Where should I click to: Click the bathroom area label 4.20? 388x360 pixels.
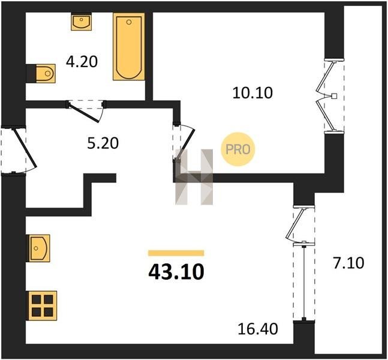pyautogui.click(x=82, y=62)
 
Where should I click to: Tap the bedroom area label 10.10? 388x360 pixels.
pyautogui.click(x=252, y=93)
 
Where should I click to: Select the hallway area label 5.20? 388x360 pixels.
pyautogui.click(x=103, y=143)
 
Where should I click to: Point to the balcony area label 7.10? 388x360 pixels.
pyautogui.click(x=348, y=263)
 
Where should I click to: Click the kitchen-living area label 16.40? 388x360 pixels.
pyautogui.click(x=258, y=329)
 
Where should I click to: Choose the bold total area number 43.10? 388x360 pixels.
pyautogui.click(x=176, y=272)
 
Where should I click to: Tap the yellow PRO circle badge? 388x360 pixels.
pyautogui.click(x=238, y=149)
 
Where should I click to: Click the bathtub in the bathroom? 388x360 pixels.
pyautogui.click(x=129, y=46)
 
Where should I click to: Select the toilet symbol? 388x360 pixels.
pyautogui.click(x=46, y=74)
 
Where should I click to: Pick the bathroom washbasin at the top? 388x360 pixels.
pyautogui.click(x=82, y=22)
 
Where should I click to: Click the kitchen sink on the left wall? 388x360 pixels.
pyautogui.click(x=38, y=248)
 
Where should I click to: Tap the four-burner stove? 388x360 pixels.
pyautogui.click(x=42, y=305)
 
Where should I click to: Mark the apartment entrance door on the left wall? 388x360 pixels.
pyautogui.click(x=25, y=148)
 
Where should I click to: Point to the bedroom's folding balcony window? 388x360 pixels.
pyautogui.click(x=328, y=96)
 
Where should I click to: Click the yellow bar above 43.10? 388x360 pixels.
pyautogui.click(x=176, y=253)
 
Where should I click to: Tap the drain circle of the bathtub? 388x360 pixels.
pyautogui.click(x=129, y=22)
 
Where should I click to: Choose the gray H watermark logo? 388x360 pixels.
pyautogui.click(x=194, y=177)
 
